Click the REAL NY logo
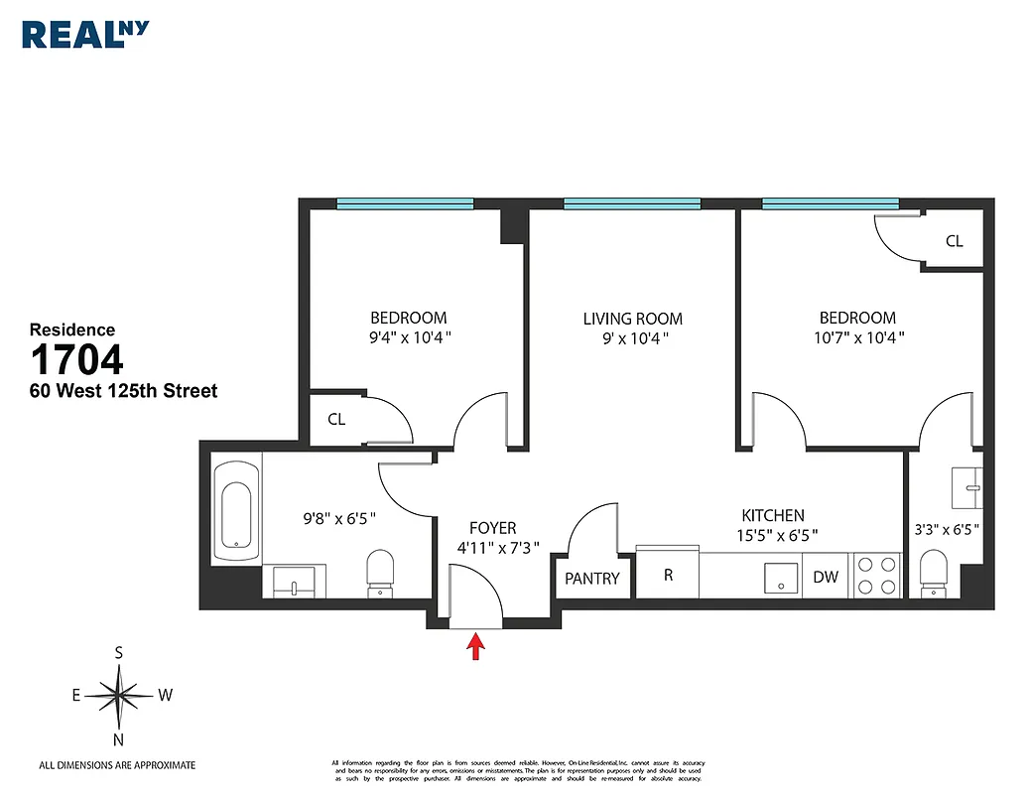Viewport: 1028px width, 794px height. [85, 33]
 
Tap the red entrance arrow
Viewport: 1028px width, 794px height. [476, 647]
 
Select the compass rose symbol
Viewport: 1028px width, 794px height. [119, 696]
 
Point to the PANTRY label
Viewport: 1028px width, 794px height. [592, 579]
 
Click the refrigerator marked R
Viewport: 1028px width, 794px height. [668, 575]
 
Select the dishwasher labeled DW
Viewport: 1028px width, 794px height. [826, 577]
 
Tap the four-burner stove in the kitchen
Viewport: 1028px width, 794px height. [876, 575]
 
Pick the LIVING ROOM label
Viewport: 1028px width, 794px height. [632, 319]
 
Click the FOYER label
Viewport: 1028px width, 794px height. [492, 528]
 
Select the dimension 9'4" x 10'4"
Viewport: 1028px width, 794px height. [408, 336]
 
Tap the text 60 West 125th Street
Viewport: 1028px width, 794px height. [123, 391]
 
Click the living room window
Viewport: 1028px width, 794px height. [632, 204]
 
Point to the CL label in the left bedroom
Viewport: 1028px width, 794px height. [336, 420]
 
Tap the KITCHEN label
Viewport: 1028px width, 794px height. [773, 515]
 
